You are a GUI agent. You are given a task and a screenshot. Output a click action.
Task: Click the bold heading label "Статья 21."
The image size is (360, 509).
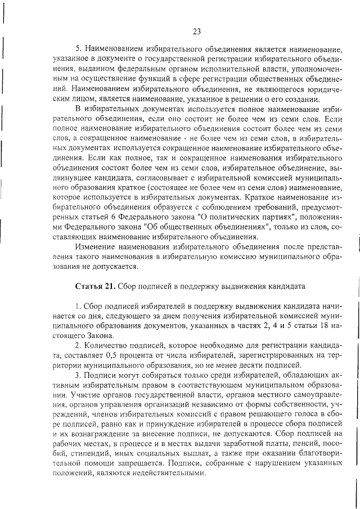pos(94,286)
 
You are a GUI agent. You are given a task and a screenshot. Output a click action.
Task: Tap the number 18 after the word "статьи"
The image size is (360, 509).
pos(321,326)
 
